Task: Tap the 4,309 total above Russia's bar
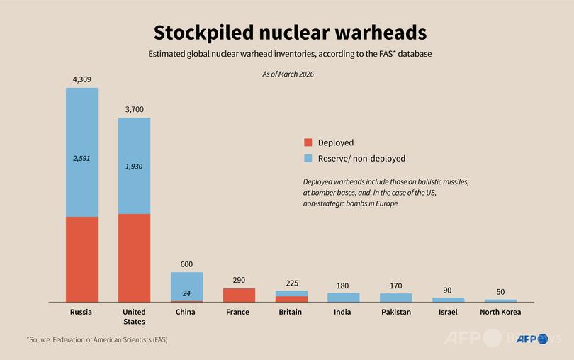pyautogui.click(x=82, y=79)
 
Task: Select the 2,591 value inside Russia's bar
pyautogui.click(x=82, y=159)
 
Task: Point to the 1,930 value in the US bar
pyautogui.click(x=134, y=165)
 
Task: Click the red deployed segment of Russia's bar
pyautogui.click(x=82, y=259)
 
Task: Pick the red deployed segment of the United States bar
pyautogui.click(x=134, y=258)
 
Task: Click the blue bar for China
pyautogui.click(x=186, y=283)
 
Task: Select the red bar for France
pyautogui.click(x=239, y=295)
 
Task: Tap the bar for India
pyautogui.click(x=344, y=298)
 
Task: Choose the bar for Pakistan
pyautogui.click(x=395, y=298)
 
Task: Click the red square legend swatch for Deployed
pyautogui.click(x=308, y=142)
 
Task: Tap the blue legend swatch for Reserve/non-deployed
pyautogui.click(x=308, y=158)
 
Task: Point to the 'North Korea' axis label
pyautogui.click(x=500, y=312)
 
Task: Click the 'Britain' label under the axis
pyautogui.click(x=291, y=312)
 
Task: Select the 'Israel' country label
pyautogui.click(x=448, y=312)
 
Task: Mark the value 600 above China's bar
pyautogui.click(x=186, y=264)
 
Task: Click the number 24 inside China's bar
pyautogui.click(x=186, y=293)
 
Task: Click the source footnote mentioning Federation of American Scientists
pyautogui.click(x=97, y=339)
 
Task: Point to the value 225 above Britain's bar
pyautogui.click(x=291, y=283)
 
